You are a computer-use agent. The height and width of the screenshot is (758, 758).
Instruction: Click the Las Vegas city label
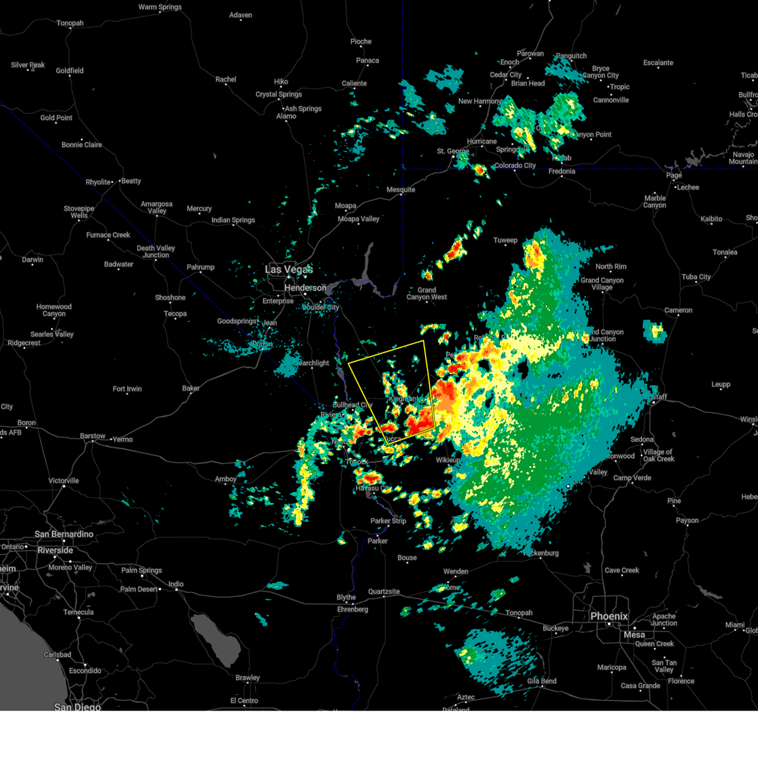(288, 270)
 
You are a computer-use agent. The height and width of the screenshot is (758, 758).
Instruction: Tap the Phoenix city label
(609, 616)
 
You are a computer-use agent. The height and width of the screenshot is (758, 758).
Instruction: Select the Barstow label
(92, 436)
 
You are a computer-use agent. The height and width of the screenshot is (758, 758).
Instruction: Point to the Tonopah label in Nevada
(69, 23)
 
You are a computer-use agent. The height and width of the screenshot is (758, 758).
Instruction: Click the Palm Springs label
(141, 570)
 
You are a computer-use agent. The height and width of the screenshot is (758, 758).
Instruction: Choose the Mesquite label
(400, 189)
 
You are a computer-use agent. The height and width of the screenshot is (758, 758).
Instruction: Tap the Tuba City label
(695, 277)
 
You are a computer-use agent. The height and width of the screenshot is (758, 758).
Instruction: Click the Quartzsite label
(384, 592)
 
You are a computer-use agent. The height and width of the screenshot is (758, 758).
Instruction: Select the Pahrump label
(200, 267)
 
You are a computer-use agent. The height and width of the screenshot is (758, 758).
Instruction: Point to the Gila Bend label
(541, 681)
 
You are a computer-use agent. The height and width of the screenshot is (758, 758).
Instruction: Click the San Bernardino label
(64, 534)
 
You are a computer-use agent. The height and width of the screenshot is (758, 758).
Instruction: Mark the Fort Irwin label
(127, 388)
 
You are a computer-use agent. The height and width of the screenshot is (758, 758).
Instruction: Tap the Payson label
(687, 520)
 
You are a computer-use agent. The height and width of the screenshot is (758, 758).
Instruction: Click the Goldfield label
(69, 71)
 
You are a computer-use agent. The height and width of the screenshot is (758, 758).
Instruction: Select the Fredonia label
(562, 171)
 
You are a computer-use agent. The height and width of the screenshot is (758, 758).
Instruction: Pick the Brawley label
(248, 678)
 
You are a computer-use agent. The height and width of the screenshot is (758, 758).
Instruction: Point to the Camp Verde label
(632, 478)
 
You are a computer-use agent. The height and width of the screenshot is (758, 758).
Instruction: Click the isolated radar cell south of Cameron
(655, 331)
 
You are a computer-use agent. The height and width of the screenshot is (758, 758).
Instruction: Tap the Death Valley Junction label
(155, 251)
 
